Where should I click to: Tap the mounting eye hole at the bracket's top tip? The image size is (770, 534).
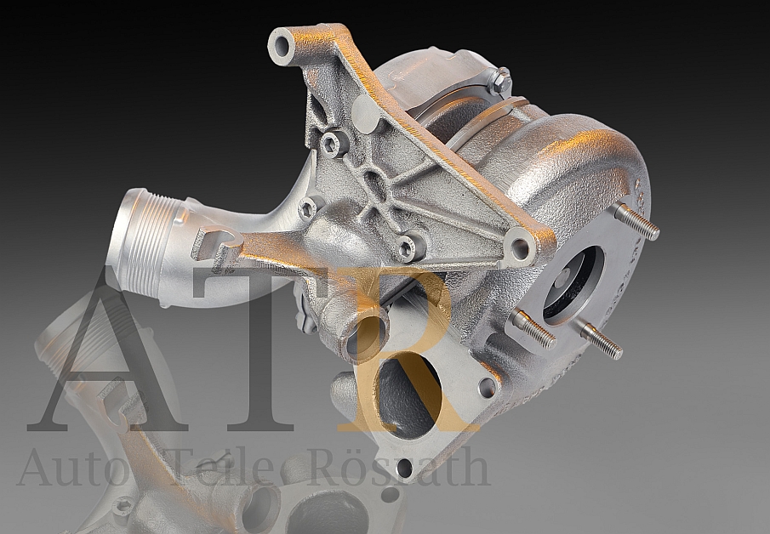[x=282, y=45]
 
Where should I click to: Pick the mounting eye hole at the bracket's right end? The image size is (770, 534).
[x=519, y=248]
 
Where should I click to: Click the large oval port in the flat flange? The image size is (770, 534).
[x=404, y=396]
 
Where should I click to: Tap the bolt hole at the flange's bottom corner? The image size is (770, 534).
[x=404, y=467]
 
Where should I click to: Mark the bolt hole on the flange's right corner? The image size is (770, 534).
[x=488, y=388]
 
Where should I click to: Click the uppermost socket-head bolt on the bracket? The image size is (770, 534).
[x=334, y=142]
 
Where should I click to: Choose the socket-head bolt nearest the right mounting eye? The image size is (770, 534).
[x=409, y=247]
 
